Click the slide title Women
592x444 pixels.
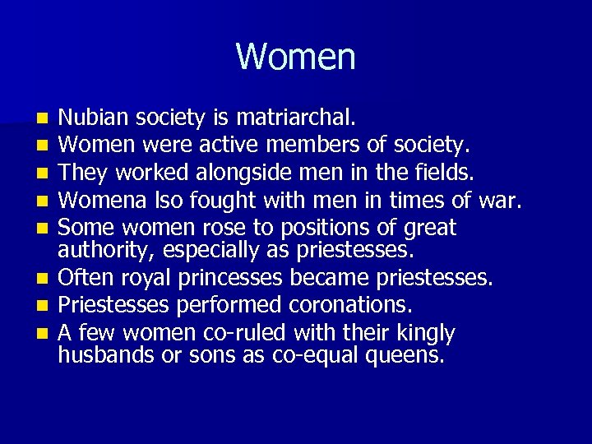tap(295, 57)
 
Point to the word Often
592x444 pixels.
tap(82, 278)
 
